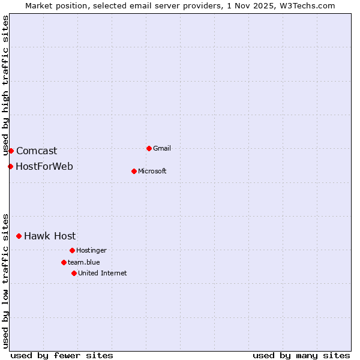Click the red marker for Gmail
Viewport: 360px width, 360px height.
[x=149, y=148]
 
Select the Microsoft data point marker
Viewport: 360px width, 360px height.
[x=134, y=171]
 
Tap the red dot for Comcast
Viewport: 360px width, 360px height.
[x=11, y=151]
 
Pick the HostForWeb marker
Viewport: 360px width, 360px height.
[x=10, y=166]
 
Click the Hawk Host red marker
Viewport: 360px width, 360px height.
[x=19, y=236]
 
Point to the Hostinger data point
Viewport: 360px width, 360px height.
[x=72, y=250]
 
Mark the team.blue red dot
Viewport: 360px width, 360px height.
[x=64, y=262]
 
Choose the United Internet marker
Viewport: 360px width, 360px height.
[x=74, y=273]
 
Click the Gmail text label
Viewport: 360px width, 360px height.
[x=162, y=148]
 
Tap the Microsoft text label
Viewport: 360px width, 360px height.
[x=152, y=171]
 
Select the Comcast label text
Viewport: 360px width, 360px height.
[x=37, y=151]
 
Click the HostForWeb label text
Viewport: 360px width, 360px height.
[x=44, y=166]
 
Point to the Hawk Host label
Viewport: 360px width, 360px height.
[x=50, y=236]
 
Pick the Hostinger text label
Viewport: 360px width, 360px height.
[x=91, y=250]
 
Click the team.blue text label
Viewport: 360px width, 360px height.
[x=83, y=262]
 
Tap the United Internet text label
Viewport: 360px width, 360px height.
[x=102, y=273]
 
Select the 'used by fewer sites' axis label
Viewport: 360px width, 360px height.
[x=62, y=355]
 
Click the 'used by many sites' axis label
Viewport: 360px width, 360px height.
[x=301, y=355]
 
